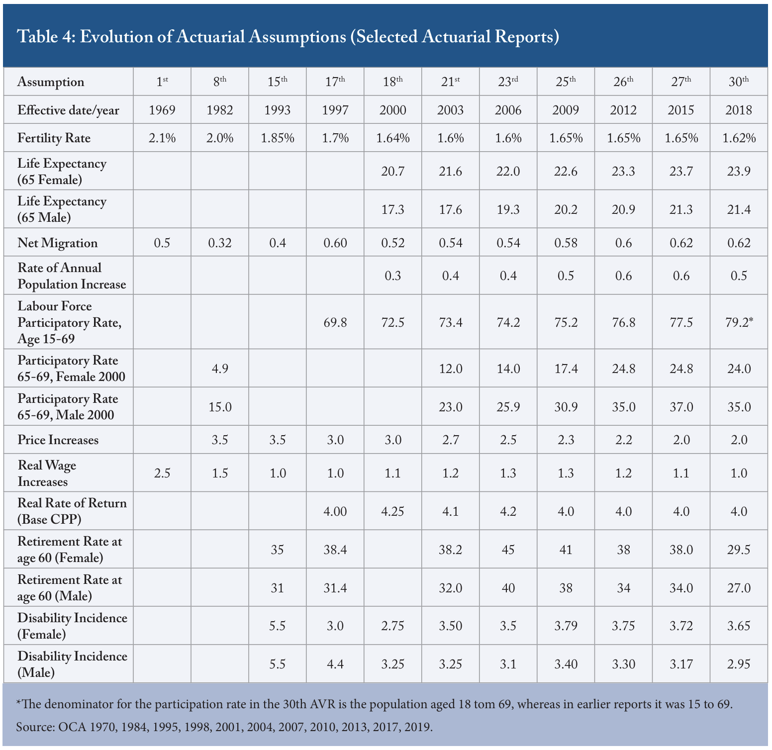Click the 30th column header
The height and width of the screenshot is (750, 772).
click(739, 82)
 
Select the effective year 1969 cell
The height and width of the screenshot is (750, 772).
click(162, 110)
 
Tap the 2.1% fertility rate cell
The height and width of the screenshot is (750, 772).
click(162, 138)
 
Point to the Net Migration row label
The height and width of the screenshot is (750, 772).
click(58, 243)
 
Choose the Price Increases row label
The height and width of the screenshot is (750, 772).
click(58, 440)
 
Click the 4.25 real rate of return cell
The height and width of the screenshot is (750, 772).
click(393, 511)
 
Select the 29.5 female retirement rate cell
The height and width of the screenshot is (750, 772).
click(739, 550)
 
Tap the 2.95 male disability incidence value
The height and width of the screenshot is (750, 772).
click(739, 664)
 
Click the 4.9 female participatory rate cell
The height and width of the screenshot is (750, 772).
click(220, 369)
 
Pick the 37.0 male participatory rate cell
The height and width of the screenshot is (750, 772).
click(681, 407)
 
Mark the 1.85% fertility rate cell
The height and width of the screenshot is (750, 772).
click(278, 138)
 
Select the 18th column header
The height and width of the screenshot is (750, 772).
click(393, 82)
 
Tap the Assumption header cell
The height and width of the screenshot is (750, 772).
click(51, 82)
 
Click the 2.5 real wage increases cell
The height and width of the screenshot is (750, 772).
click(162, 472)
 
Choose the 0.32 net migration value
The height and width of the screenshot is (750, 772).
click(220, 243)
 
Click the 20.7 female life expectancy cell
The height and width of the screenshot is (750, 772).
click(393, 171)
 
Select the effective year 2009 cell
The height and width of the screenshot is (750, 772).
click(566, 110)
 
